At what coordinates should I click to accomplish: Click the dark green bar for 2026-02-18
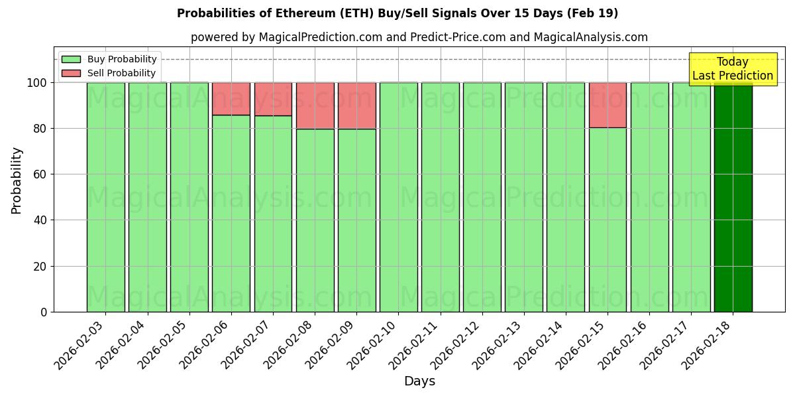click(733, 197)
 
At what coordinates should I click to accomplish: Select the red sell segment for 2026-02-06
click(231, 99)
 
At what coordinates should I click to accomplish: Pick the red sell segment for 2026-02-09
click(356, 105)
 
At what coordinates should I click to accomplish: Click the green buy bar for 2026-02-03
click(105, 197)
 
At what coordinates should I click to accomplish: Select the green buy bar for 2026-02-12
click(482, 197)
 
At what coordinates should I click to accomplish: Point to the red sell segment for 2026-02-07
click(273, 99)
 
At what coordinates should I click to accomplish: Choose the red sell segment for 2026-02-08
click(315, 105)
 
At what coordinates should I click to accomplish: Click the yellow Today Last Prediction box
click(732, 69)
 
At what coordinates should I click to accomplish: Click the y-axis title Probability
click(17, 180)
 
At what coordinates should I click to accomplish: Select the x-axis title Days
click(419, 381)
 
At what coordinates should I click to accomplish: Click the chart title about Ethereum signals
click(397, 13)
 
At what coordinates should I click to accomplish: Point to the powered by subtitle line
click(419, 37)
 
